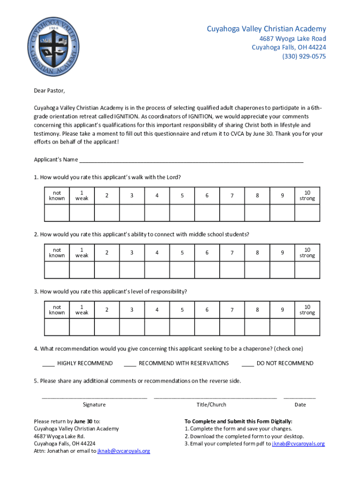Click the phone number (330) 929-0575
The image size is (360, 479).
[303, 57]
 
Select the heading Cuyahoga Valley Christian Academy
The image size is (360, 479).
[266, 29]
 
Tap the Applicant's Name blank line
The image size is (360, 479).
[191, 159]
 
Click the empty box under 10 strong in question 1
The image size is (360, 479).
[307, 213]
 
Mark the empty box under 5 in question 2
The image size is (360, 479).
[182, 270]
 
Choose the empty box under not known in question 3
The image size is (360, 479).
[57, 327]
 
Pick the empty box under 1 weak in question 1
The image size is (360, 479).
[82, 213]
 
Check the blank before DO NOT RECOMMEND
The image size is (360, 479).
[248, 363]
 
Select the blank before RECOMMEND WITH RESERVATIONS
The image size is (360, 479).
[130, 363]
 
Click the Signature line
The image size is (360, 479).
[94, 397]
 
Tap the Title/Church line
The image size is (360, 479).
[215, 397]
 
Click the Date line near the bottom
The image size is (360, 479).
[299, 397]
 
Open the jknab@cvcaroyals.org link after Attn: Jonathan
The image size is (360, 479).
[123, 451]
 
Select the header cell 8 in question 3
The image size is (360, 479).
[257, 310]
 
